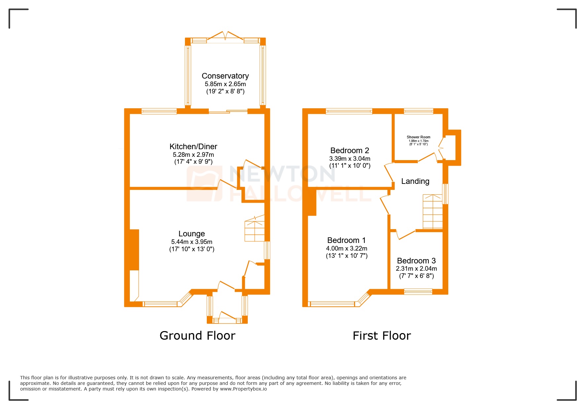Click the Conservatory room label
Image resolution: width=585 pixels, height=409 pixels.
tap(225, 76)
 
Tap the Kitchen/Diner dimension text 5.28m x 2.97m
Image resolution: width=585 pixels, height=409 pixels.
tap(193, 154)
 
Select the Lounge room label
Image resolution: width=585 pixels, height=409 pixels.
tap(192, 234)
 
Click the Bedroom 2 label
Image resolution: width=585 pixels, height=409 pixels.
tap(349, 151)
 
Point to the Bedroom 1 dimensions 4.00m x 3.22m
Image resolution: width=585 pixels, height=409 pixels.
tap(347, 248)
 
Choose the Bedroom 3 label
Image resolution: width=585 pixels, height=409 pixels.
tap(416, 261)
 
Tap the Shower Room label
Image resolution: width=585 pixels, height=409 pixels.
tap(418, 137)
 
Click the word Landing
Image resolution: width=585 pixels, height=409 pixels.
tap(415, 181)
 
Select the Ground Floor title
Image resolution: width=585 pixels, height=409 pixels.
tap(197, 336)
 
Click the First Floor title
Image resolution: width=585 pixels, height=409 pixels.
tap(382, 336)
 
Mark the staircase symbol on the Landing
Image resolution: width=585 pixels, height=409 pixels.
tap(432, 212)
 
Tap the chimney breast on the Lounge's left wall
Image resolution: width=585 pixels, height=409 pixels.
tap(134, 250)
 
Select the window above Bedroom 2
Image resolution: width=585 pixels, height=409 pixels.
tap(349, 111)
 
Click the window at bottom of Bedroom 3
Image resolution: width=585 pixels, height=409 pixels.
tap(418, 291)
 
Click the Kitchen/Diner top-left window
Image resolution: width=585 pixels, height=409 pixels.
tap(159, 111)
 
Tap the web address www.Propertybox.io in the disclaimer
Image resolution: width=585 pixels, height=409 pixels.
tap(243, 389)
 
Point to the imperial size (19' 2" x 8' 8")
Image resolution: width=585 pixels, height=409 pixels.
tap(225, 91)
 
